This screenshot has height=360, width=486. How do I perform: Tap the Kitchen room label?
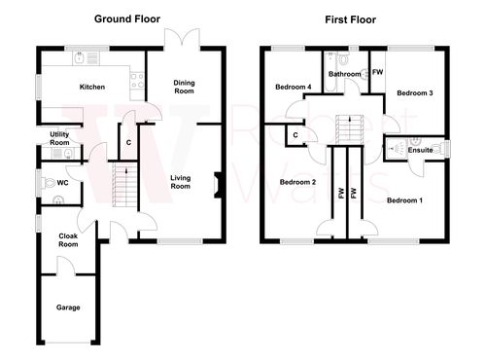click(x=92, y=87)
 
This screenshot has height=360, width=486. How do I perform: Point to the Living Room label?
click(x=181, y=182)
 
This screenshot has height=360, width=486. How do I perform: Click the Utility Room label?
click(x=58, y=137)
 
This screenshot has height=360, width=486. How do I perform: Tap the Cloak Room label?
click(x=68, y=240)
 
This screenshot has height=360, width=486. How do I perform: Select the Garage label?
click(x=67, y=307)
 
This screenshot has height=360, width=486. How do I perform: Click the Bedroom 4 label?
click(x=294, y=87)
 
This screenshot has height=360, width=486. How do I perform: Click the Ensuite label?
click(x=421, y=151)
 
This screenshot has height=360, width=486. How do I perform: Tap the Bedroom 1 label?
click(x=404, y=200)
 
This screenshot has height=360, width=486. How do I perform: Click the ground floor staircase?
click(x=122, y=181)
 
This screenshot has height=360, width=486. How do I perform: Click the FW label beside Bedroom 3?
click(x=377, y=71)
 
